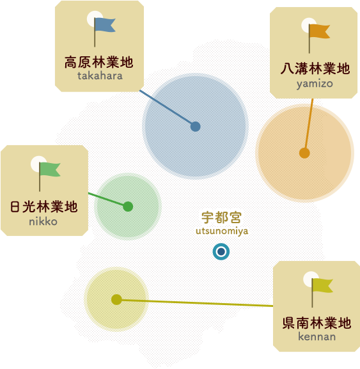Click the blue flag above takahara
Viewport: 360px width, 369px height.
(x=104, y=25)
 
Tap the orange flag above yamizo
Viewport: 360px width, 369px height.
(x=319, y=31)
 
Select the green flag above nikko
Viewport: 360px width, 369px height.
(x=50, y=169)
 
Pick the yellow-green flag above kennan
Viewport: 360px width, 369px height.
(x=322, y=285)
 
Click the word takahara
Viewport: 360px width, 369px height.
(x=100, y=75)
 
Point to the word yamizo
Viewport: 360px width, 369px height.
(x=315, y=84)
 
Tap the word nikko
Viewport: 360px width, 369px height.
(x=43, y=221)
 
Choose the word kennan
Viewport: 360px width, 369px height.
(x=317, y=336)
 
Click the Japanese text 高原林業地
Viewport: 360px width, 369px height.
(x=99, y=63)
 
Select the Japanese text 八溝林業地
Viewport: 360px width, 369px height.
(x=315, y=68)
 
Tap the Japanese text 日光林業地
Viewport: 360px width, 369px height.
(x=43, y=207)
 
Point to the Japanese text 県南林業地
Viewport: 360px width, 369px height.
(x=317, y=323)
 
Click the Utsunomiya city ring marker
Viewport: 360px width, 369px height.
(x=221, y=251)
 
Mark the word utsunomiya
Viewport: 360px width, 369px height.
(x=222, y=231)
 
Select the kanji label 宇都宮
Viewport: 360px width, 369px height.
(x=222, y=217)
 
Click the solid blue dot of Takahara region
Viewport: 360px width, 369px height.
(x=195, y=127)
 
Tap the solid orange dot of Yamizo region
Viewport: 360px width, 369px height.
(x=304, y=153)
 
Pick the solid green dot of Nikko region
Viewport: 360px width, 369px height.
(x=128, y=207)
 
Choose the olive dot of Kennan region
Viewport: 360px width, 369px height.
(x=116, y=299)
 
